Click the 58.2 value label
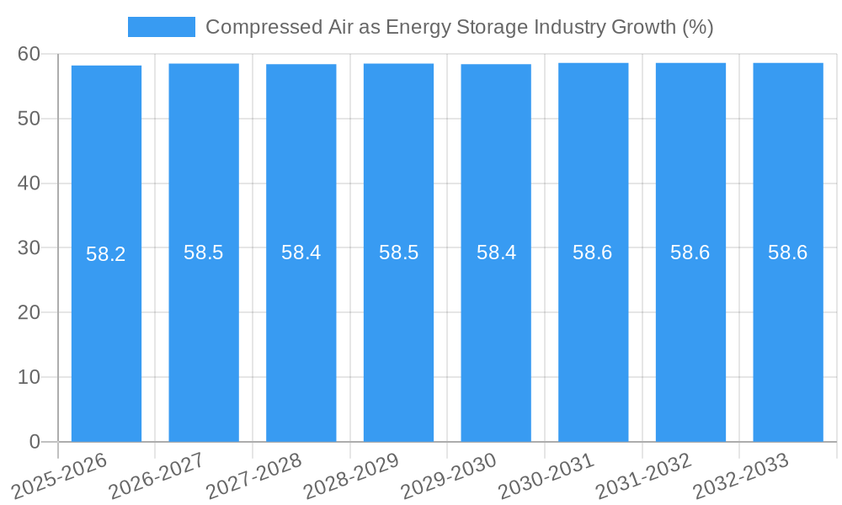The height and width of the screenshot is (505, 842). [106, 254]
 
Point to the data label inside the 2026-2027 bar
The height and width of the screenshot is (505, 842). [204, 252]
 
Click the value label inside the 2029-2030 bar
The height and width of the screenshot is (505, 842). [496, 252]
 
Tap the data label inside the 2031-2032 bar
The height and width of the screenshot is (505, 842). [690, 252]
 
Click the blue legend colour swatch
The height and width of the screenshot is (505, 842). [161, 27]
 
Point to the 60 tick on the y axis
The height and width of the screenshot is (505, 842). [29, 54]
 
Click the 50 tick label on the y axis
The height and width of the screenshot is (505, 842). [29, 119]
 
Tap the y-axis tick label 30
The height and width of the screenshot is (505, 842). [29, 247]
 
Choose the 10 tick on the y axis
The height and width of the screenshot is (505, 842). [29, 377]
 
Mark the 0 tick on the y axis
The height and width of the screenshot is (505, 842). [35, 442]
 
